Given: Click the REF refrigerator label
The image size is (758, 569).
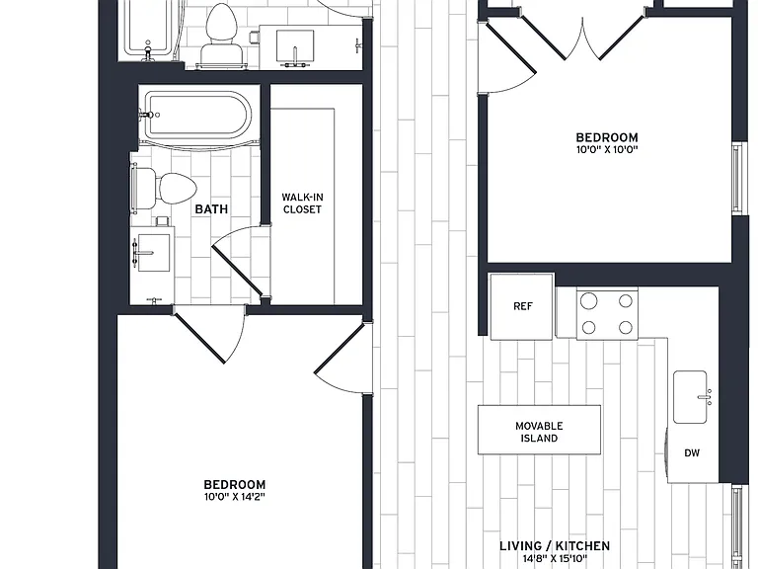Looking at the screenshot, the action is point(522,306).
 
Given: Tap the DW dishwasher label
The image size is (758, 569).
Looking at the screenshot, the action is point(692,453).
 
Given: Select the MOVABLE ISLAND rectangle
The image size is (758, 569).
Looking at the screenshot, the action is point(539,430).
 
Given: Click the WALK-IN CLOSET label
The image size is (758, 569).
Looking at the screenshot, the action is point(302,203).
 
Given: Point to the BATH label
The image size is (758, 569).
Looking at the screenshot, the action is point(211,209).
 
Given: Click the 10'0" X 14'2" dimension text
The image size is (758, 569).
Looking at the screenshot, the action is point(235,497).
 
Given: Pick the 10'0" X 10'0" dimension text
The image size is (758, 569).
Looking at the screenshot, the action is point(607,149).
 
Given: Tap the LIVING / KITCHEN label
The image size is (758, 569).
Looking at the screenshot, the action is point(555,546).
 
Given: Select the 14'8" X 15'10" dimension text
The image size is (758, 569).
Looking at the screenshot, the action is point(555,559).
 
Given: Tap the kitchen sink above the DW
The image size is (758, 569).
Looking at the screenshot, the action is point(691,397).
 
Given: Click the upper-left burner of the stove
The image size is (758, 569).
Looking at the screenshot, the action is point(589,301).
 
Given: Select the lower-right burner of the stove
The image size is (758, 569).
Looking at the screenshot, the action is point(626,328).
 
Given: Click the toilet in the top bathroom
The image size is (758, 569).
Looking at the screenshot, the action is point(222,35).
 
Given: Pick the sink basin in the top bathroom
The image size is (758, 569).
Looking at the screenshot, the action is point(295,46).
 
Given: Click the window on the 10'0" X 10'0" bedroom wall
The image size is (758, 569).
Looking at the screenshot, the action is point(736,178).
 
